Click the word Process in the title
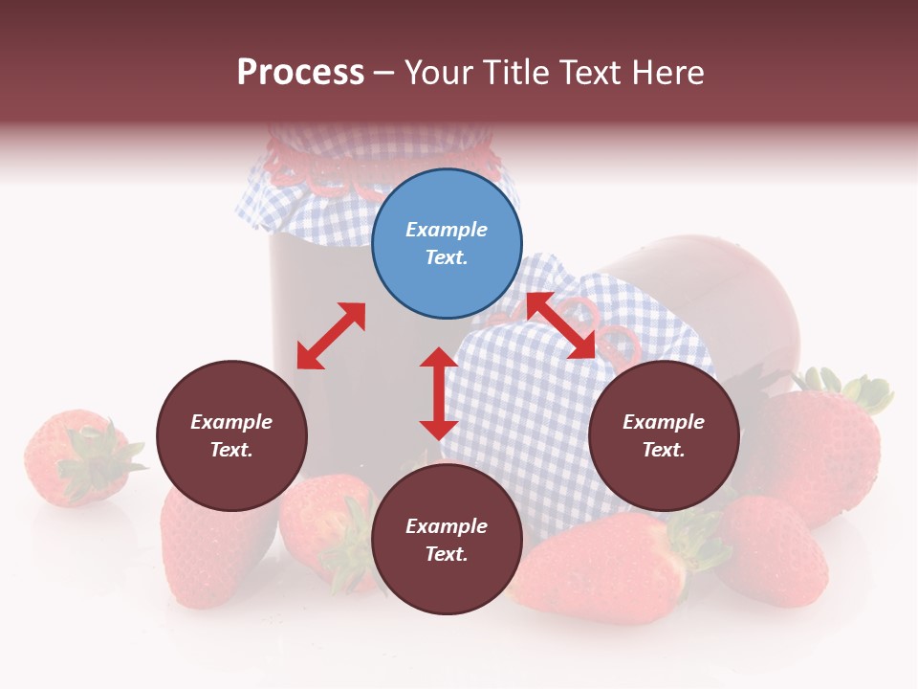point(300,73)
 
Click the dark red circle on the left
point(231,435)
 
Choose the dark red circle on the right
point(664,435)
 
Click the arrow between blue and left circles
point(331,336)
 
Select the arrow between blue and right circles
point(561,325)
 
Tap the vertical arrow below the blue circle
point(439,393)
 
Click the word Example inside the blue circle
point(447,230)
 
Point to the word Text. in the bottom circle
point(447,554)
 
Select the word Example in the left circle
point(231,422)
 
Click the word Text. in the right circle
point(664,450)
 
